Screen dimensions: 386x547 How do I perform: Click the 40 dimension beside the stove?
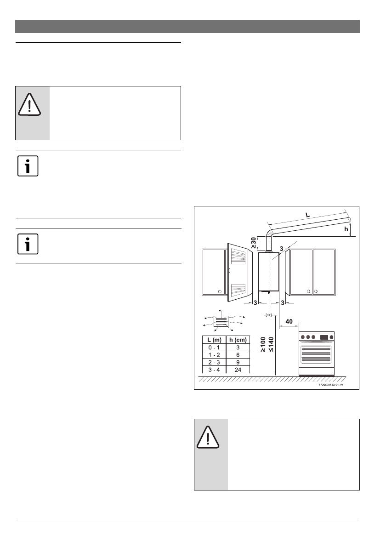click(x=289, y=322)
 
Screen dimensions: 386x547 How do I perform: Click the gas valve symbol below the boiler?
click(x=268, y=315)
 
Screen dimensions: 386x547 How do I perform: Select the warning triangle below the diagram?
click(x=208, y=439)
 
